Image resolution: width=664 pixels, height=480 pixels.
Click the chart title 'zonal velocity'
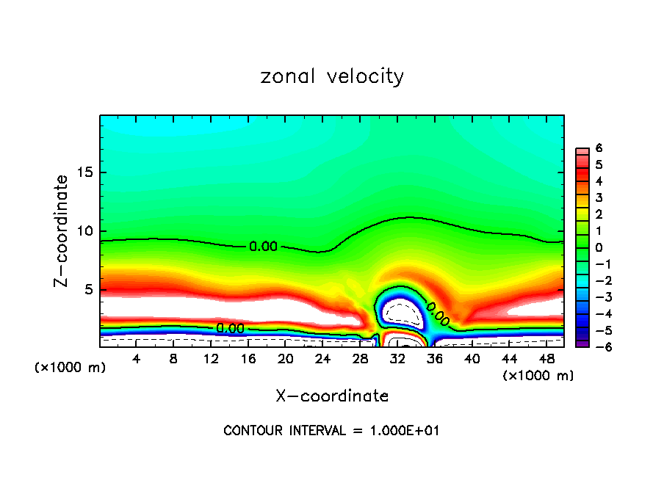pos(332,76)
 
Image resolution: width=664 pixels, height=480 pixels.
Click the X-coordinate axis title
pos(332,396)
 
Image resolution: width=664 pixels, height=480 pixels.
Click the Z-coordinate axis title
pos(62,230)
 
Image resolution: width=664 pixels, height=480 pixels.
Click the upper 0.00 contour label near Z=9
pos(263,247)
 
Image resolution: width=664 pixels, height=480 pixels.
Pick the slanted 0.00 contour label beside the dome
pos(438,313)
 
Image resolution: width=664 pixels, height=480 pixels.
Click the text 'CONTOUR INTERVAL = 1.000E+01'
pos(331,431)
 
